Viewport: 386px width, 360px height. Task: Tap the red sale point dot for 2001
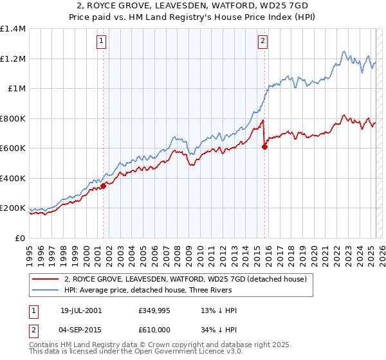(103, 186)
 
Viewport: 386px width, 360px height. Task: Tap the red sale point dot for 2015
(264, 147)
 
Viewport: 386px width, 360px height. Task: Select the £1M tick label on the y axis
(16, 89)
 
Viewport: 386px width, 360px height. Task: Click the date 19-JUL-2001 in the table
(81, 310)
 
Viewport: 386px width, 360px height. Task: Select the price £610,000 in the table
(153, 328)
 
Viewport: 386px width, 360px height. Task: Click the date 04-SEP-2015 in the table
(81, 328)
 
